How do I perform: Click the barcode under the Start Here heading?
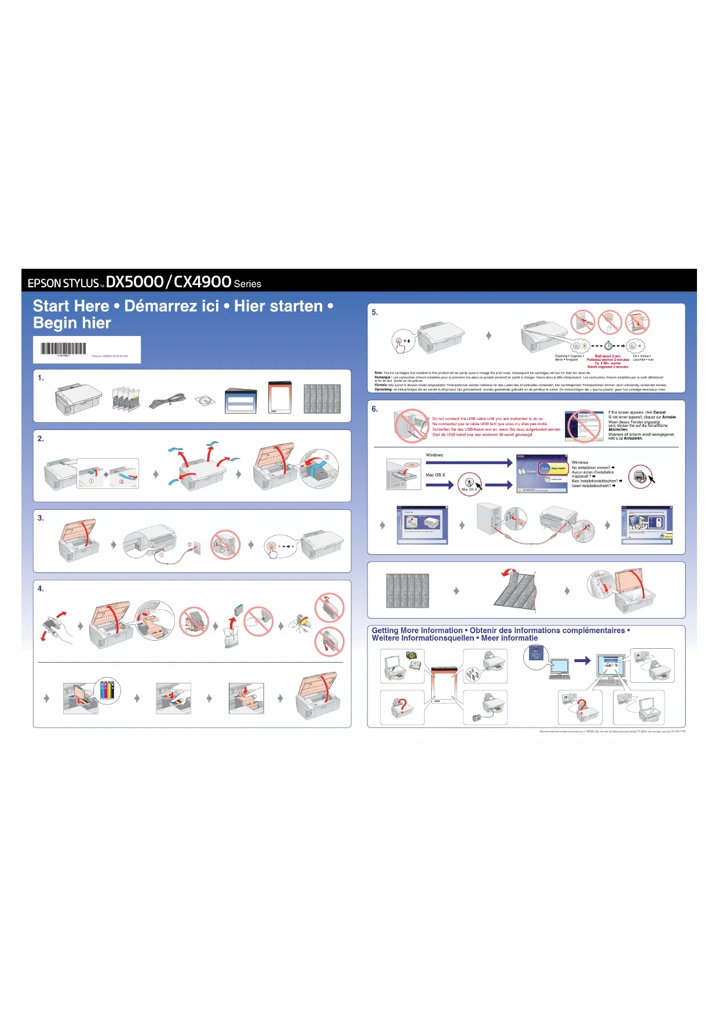click(x=63, y=349)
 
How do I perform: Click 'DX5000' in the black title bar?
click(x=135, y=282)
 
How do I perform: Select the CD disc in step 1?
click(x=205, y=400)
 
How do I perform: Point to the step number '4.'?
click(x=41, y=589)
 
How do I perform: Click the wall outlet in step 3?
click(x=196, y=546)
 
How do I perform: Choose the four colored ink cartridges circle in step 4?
click(x=108, y=690)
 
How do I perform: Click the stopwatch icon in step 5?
click(x=608, y=346)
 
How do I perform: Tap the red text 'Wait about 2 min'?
click(x=607, y=356)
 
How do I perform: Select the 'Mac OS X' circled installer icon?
click(x=470, y=483)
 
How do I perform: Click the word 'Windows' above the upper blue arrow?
click(x=435, y=455)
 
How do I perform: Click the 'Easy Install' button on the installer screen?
click(x=558, y=468)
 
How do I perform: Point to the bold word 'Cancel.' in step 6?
click(x=659, y=412)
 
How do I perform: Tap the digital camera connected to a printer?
click(x=477, y=718)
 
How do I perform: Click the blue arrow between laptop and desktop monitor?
click(x=582, y=660)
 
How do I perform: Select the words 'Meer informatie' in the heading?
click(x=509, y=638)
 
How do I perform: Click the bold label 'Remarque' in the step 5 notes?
click(x=382, y=377)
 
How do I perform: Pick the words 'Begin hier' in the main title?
click(x=72, y=323)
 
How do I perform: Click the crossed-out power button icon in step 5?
click(x=609, y=321)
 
